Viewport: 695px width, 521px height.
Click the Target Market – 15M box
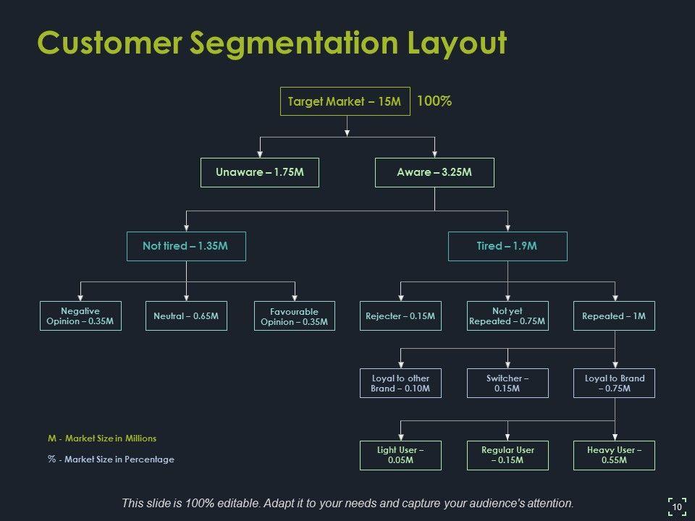tap(345, 101)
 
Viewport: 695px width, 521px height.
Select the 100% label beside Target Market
tap(434, 101)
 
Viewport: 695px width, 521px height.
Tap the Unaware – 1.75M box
tap(259, 172)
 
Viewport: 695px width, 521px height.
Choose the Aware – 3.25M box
tap(434, 172)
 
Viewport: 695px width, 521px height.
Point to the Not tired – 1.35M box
tap(186, 246)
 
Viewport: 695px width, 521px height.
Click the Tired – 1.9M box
tap(507, 246)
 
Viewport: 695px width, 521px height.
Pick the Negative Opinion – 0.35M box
tap(80, 315)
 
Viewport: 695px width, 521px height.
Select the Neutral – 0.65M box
tap(186, 315)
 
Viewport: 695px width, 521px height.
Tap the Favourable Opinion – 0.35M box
tap(295, 315)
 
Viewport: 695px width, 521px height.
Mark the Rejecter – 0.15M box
tap(400, 315)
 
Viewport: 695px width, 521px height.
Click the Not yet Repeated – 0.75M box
tap(507, 315)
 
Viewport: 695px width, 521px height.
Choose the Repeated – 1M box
tap(614, 315)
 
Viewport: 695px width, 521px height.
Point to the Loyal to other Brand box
tap(400, 383)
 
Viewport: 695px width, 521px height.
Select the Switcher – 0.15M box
tap(507, 383)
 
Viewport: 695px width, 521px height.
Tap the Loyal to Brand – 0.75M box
tap(614, 383)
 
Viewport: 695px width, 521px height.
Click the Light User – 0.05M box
tap(400, 455)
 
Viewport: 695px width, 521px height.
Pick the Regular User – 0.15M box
tap(507, 455)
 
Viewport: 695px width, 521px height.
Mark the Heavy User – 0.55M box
tap(614, 455)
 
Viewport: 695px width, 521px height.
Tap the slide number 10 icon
tap(677, 506)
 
